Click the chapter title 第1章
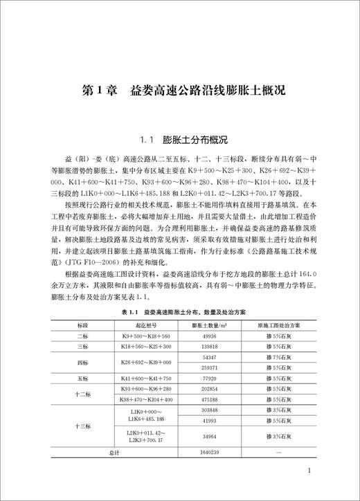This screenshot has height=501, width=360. click(101, 91)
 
